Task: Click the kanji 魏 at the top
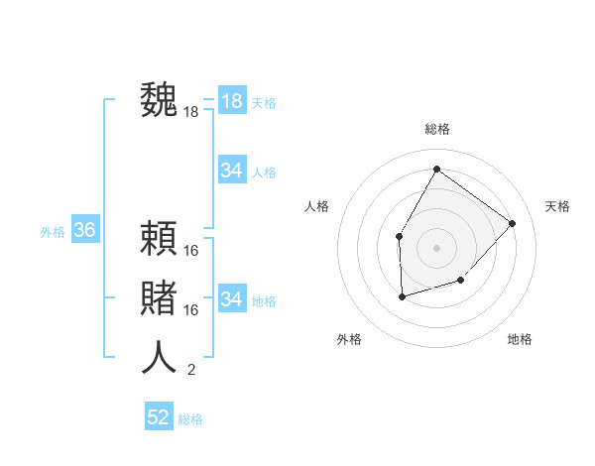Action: [x=159, y=100]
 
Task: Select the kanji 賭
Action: [x=159, y=298]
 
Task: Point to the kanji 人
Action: [x=159, y=357]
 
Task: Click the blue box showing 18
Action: [x=231, y=101]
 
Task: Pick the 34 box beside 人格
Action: [x=231, y=171]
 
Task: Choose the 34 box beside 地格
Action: [x=231, y=298]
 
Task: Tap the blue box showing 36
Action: [x=84, y=231]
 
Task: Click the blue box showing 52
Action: [x=159, y=417]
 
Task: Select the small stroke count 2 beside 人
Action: [x=191, y=370]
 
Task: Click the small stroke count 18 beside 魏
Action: [x=191, y=112]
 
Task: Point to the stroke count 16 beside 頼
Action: [x=191, y=250]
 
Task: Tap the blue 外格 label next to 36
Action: [x=53, y=232]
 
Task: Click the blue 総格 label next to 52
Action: [x=190, y=419]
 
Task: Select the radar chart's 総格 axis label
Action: [x=436, y=129]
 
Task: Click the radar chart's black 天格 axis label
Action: [x=557, y=206]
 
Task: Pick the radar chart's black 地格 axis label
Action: [x=520, y=339]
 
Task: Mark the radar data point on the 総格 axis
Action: [x=436, y=169]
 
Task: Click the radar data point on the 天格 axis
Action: [x=512, y=223]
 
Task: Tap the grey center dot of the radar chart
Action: [x=436, y=246]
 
